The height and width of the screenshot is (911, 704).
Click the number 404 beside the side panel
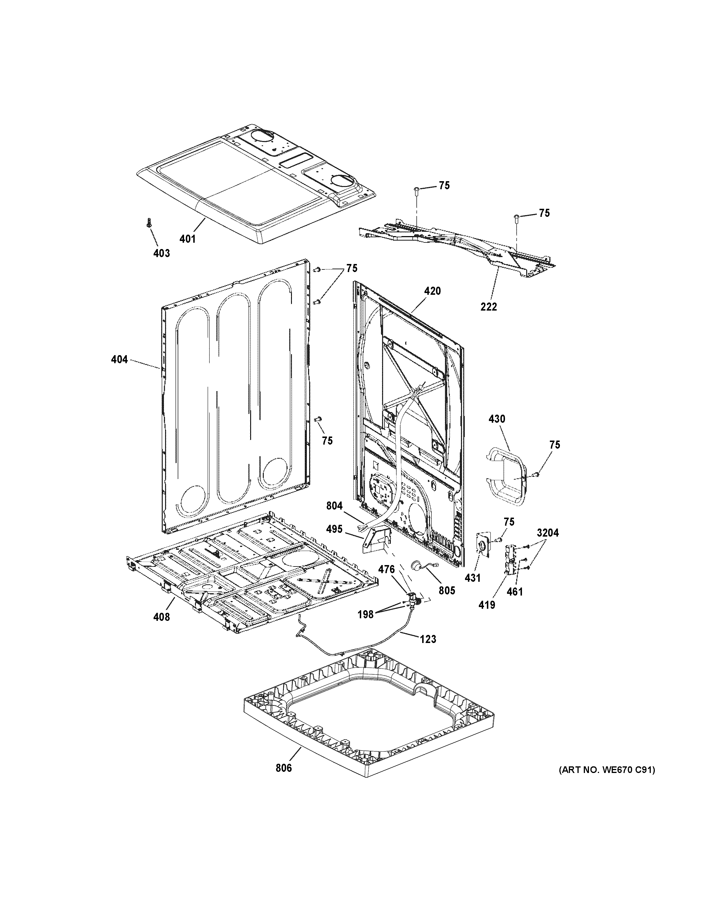(x=119, y=359)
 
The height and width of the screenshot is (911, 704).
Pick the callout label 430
(x=496, y=418)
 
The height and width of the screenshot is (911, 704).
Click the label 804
(x=334, y=506)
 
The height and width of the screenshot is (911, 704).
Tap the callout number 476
(x=386, y=569)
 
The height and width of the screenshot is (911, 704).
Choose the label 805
(x=447, y=590)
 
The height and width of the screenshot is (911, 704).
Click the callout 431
(x=472, y=578)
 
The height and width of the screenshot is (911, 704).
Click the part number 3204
(x=548, y=533)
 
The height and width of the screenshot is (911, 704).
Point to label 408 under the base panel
(x=161, y=617)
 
